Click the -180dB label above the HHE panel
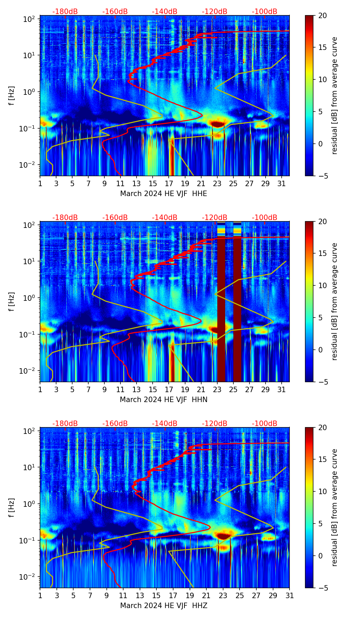click(x=65, y=12)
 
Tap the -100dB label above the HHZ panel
click(x=265, y=424)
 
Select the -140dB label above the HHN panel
click(x=165, y=218)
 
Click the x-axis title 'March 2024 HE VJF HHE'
click(x=164, y=194)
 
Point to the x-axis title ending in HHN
click(x=164, y=400)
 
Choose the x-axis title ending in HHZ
click(x=164, y=606)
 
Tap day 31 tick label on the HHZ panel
click(x=290, y=595)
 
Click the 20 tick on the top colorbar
click(x=322, y=15)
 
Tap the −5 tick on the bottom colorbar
click(x=322, y=588)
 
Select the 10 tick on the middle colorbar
click(x=322, y=285)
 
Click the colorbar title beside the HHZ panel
click(x=334, y=507)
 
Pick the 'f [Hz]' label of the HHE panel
click(x=12, y=95)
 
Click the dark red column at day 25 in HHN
click(x=237, y=308)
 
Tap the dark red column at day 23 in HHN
click(x=221, y=308)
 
